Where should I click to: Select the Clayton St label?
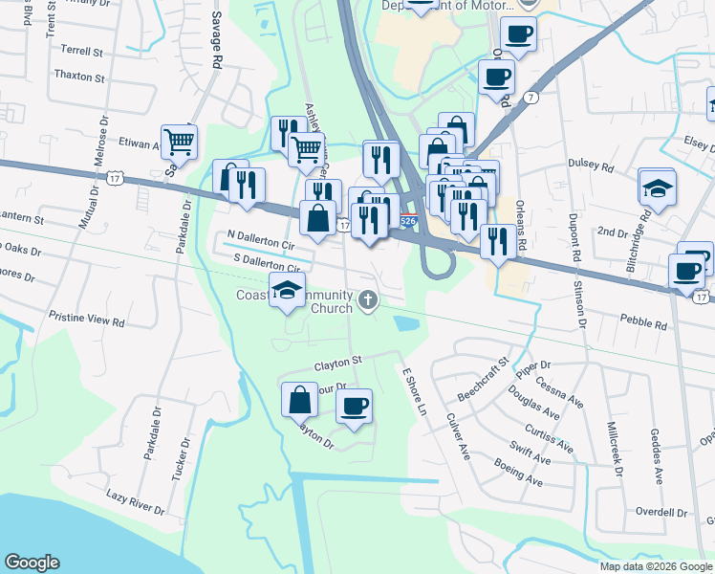click(x=339, y=363)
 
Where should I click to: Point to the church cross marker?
click(x=367, y=302)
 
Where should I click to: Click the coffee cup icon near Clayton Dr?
click(x=354, y=407)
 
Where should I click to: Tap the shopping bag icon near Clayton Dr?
click(x=300, y=398)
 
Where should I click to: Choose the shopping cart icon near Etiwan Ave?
click(x=179, y=143)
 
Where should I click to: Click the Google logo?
click(x=32, y=563)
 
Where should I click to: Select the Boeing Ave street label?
click(x=518, y=474)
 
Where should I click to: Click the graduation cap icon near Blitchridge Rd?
click(x=658, y=188)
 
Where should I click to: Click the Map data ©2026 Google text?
click(x=655, y=566)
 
